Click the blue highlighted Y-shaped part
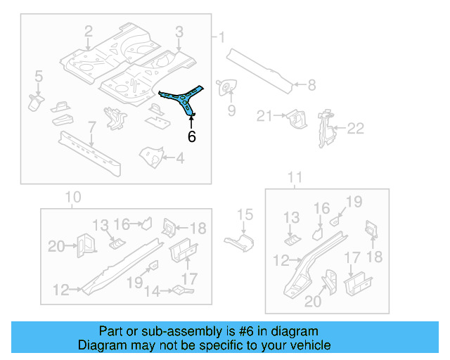184,99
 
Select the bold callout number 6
191,136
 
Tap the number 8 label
311,86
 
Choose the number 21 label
264,116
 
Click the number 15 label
244,214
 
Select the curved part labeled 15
242,242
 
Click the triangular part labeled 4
151,156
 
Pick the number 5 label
39,75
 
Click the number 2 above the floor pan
88,32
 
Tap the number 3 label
179,32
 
